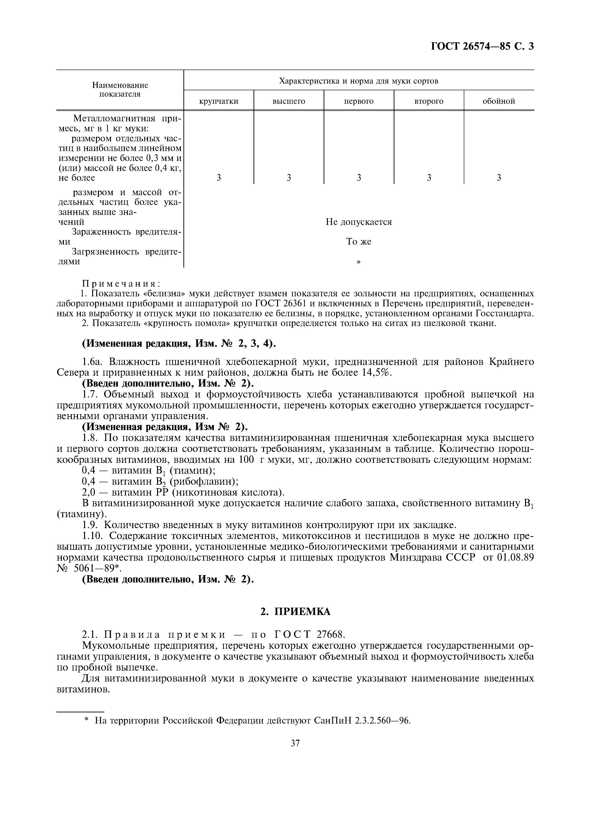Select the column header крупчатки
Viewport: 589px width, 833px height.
click(219, 101)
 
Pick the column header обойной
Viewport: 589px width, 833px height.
click(499, 101)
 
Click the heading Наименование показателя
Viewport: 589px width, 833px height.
click(120, 90)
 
